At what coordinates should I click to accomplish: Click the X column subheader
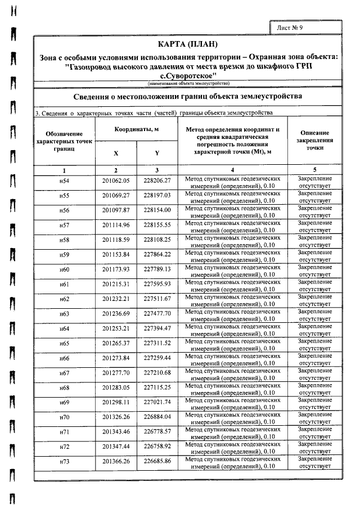click(x=116, y=152)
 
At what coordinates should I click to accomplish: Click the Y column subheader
click(x=157, y=152)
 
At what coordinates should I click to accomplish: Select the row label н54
click(x=64, y=181)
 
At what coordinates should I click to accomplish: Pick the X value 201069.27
click(x=116, y=196)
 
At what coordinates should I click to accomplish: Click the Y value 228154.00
click(x=157, y=210)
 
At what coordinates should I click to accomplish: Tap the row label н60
click(x=64, y=269)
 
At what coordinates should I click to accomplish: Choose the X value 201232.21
click(x=116, y=299)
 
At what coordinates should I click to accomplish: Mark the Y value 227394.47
click(x=157, y=328)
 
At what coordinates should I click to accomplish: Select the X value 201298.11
click(x=116, y=402)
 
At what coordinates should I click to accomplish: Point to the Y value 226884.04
click(x=157, y=417)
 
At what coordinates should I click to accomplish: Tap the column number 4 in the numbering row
click(x=232, y=169)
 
